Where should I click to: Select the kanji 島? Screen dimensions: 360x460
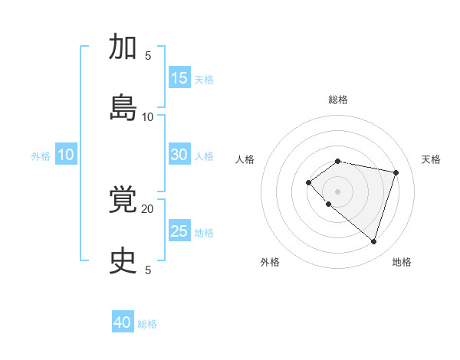[x=123, y=108]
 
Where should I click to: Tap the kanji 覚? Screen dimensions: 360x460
[x=123, y=200]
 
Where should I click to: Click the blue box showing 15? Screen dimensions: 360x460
[x=179, y=78]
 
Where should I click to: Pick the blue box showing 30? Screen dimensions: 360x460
[x=179, y=155]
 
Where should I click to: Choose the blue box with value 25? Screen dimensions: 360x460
[x=179, y=231]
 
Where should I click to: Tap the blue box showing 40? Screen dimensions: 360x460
[x=123, y=322]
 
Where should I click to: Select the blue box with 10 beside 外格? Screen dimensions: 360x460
[x=66, y=155]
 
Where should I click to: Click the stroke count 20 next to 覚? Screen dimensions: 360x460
[x=148, y=208]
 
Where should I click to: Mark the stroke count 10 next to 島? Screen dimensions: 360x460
[x=148, y=116]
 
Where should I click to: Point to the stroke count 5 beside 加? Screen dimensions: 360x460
[x=148, y=55]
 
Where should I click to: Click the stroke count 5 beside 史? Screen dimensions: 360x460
[x=148, y=270]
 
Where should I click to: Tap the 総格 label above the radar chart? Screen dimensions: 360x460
[x=338, y=100]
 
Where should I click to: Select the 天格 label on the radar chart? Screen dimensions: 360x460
[x=432, y=159]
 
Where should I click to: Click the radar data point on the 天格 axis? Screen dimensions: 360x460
[x=396, y=172]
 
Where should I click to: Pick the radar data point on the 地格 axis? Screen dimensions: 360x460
[x=373, y=241]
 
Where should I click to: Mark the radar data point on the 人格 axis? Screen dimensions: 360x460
[x=308, y=182]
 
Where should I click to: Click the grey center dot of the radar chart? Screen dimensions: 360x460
[x=338, y=191]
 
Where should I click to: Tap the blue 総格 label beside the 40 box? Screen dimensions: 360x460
[x=147, y=324]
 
